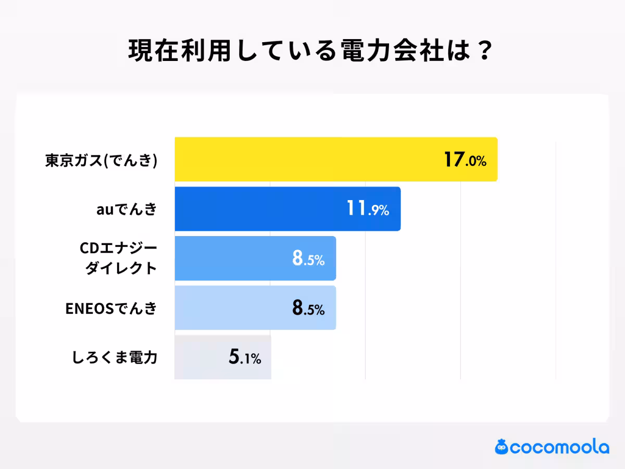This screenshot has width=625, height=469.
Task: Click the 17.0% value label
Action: (x=465, y=160)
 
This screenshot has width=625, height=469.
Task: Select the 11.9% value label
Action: (x=368, y=209)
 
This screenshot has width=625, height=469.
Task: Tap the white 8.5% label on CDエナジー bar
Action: (x=308, y=259)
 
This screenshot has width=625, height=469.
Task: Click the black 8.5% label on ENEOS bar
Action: (x=308, y=308)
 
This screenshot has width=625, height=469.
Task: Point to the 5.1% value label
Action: (x=244, y=358)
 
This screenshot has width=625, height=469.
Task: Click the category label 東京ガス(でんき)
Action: (x=101, y=160)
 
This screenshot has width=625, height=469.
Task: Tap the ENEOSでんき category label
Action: (x=111, y=308)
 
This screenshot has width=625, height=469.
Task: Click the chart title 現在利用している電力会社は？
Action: (x=311, y=51)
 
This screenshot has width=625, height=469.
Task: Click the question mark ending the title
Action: (x=484, y=51)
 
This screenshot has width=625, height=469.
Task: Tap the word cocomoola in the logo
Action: (x=560, y=447)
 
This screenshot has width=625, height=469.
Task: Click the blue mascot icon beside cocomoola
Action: (x=502, y=447)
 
